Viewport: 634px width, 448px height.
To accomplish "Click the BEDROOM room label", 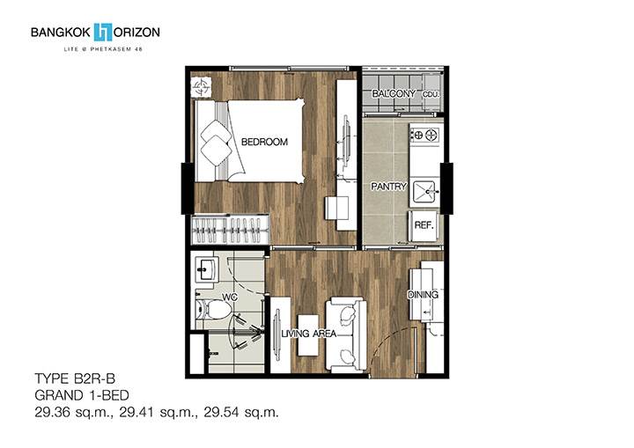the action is (x=264, y=142).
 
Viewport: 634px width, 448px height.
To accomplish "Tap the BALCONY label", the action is (x=394, y=93).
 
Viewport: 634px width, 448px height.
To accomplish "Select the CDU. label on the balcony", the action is (x=431, y=94).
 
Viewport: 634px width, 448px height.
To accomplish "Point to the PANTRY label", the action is (x=388, y=187).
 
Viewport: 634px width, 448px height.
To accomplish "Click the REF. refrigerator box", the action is (x=424, y=225).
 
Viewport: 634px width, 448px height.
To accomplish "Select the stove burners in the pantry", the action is (x=425, y=135).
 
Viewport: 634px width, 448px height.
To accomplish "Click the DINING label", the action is (x=423, y=295).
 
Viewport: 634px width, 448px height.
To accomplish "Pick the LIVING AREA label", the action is (x=309, y=334).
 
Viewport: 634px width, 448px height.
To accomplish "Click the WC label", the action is (x=230, y=297).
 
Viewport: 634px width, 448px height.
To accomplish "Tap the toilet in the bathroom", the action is (x=213, y=310).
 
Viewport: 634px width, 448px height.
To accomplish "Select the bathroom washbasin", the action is (x=207, y=268).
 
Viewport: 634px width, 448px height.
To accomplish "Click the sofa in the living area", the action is (x=347, y=334).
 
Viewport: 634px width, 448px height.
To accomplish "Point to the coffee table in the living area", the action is (x=307, y=335).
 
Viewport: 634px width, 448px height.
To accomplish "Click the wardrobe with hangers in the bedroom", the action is (x=230, y=230).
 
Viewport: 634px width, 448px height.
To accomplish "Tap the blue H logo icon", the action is (x=103, y=33).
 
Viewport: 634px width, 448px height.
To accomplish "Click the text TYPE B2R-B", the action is (x=75, y=378).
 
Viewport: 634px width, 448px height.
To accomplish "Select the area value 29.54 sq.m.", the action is (x=241, y=413).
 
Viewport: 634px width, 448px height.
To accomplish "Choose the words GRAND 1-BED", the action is (x=82, y=395).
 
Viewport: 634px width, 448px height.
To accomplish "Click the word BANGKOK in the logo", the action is (x=61, y=33).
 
